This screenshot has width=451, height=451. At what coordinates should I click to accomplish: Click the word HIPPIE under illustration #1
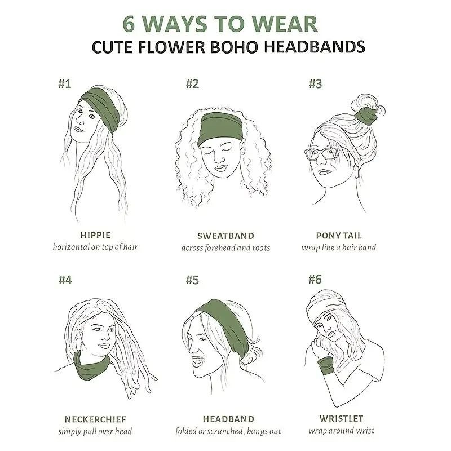(x=95, y=235)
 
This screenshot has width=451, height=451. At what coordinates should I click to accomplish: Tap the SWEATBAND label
(x=226, y=236)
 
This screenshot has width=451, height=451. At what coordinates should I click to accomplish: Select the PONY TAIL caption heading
(x=339, y=236)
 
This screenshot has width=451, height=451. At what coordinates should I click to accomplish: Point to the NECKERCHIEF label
(x=95, y=419)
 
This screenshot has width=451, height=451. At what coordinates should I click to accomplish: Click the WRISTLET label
(x=342, y=418)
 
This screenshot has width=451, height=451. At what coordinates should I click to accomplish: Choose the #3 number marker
(x=315, y=83)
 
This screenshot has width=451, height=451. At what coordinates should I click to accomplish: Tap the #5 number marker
(x=192, y=280)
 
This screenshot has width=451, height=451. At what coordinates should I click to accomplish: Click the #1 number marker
(x=64, y=83)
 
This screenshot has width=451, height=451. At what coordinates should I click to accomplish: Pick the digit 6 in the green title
(x=129, y=24)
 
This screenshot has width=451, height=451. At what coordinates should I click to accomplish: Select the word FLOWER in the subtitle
(x=172, y=47)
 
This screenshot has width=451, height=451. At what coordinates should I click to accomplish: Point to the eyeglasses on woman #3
(x=321, y=154)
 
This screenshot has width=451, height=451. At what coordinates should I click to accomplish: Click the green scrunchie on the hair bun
(x=366, y=116)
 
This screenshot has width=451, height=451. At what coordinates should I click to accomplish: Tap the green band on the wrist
(x=326, y=365)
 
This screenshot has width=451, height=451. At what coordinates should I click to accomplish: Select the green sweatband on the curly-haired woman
(x=221, y=128)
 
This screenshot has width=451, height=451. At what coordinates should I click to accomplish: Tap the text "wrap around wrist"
(x=342, y=431)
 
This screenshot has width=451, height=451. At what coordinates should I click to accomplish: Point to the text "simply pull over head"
(x=95, y=431)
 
